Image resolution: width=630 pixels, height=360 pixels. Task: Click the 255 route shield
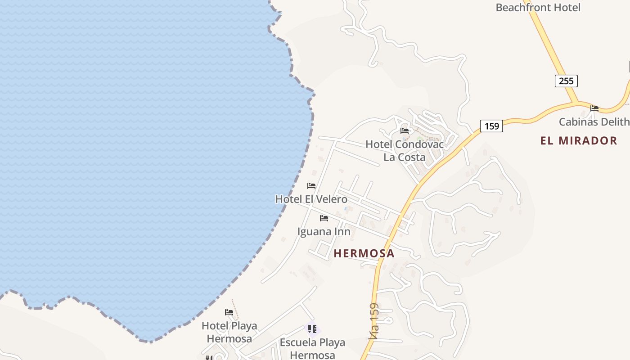pyautogui.click(x=566, y=81)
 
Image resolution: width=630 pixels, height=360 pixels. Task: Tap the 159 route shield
pyautogui.click(x=491, y=126)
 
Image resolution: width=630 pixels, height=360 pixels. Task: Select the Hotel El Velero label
pyautogui.click(x=311, y=199)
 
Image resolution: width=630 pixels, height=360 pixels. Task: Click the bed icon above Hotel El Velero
pyautogui.click(x=311, y=186)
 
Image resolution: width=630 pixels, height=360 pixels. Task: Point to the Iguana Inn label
pyautogui.click(x=324, y=232)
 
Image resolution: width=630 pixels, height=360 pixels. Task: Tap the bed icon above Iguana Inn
pyautogui.click(x=324, y=219)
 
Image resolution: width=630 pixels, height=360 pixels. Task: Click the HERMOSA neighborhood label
pyautogui.click(x=364, y=253)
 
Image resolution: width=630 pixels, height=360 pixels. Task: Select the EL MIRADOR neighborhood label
pyautogui.click(x=579, y=141)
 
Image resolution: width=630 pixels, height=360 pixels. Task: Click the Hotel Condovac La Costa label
pyautogui.click(x=404, y=151)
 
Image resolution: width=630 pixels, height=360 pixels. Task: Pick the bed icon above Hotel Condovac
pyautogui.click(x=405, y=131)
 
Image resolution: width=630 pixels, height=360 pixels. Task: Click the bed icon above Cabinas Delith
pyautogui.click(x=594, y=108)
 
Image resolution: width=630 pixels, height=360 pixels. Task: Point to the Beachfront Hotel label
pyautogui.click(x=538, y=8)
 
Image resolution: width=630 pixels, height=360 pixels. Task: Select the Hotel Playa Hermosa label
pyautogui.click(x=229, y=332)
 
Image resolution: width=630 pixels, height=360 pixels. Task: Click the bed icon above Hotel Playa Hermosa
pyautogui.click(x=229, y=312)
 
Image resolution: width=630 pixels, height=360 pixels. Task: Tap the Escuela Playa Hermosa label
pyautogui.click(x=312, y=349)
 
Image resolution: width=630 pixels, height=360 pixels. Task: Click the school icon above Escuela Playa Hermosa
pyautogui.click(x=312, y=329)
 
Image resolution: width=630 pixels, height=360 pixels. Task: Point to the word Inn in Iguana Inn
pyautogui.click(x=341, y=232)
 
